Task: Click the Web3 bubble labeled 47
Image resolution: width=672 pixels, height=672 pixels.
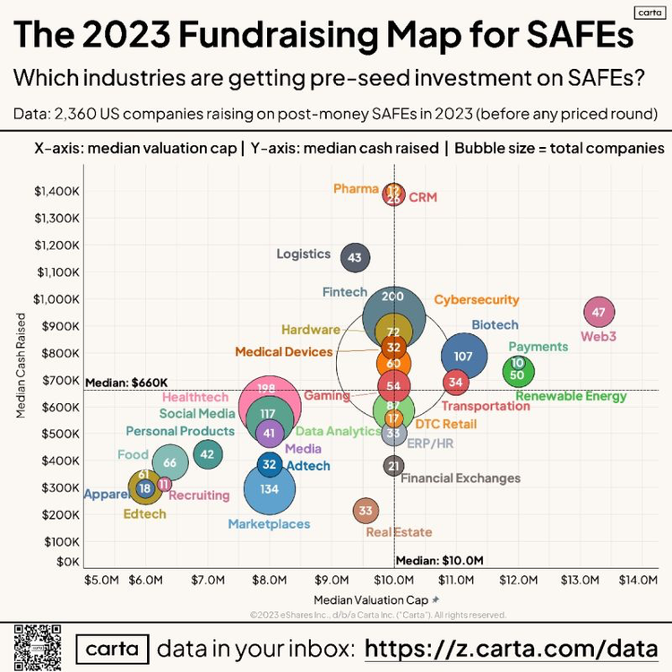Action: [599, 313]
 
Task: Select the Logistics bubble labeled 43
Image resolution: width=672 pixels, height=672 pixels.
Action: [355, 258]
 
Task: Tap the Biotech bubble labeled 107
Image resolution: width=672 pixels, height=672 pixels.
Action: [463, 356]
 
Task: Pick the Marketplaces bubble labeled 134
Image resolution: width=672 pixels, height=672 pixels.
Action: [270, 489]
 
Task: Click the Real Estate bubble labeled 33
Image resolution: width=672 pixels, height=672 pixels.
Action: [365, 512]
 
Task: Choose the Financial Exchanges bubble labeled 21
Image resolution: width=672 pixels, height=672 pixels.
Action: [393, 466]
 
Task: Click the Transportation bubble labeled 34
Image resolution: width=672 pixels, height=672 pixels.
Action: [456, 383]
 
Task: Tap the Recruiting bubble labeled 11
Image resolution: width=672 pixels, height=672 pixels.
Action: [164, 484]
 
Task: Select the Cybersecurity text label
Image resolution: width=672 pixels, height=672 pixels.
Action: [477, 300]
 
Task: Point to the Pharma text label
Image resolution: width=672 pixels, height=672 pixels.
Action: [356, 188]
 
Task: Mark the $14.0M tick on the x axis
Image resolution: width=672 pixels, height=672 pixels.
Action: [637, 581]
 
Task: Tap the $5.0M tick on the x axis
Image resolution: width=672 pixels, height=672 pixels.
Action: [101, 581]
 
